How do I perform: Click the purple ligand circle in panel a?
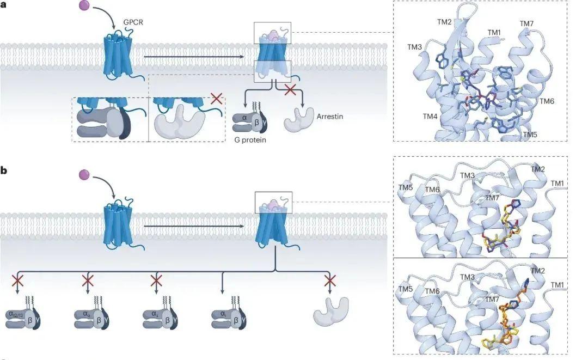(84, 7)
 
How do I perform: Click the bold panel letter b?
(4, 170)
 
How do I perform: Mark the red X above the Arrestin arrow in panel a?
(290, 90)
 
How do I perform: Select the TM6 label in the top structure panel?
(548, 101)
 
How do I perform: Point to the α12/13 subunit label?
(14, 314)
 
